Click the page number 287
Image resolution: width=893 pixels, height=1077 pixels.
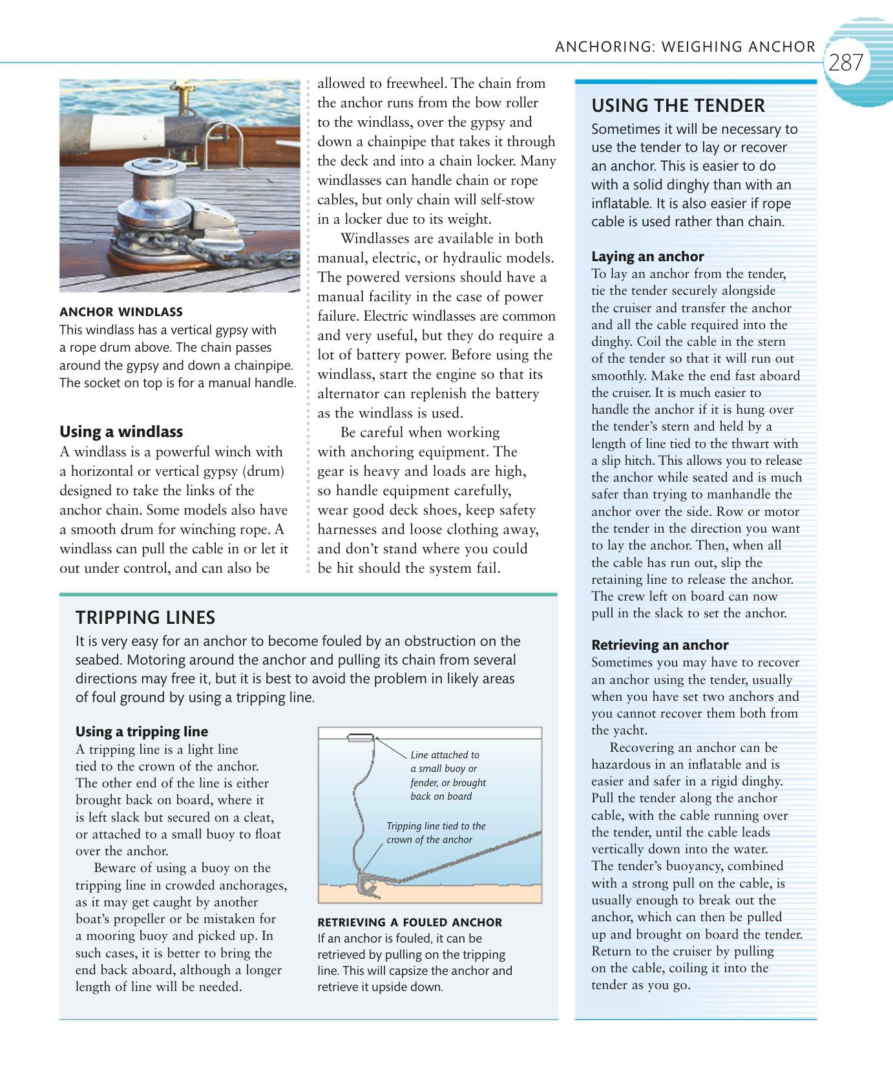[x=846, y=63]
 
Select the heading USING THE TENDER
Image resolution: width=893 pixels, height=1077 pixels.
[x=678, y=105]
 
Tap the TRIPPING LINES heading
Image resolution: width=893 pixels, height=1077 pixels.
[x=145, y=617]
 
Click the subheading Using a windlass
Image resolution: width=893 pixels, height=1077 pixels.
[x=121, y=432]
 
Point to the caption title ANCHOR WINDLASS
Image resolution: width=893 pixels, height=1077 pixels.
[x=121, y=312]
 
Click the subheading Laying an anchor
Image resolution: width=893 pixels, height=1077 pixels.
[x=647, y=256]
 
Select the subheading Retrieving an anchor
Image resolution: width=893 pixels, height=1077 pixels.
[x=660, y=645]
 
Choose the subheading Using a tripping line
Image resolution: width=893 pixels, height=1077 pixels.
[x=142, y=732]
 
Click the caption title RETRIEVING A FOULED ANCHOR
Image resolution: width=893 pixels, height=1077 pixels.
[x=409, y=922]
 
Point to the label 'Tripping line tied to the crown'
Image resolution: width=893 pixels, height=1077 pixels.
[x=436, y=833]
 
